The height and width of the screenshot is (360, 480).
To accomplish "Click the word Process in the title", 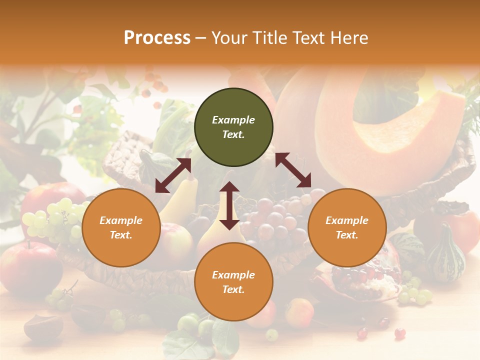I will click(157, 38).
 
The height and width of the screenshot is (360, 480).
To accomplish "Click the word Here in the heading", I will click(349, 38).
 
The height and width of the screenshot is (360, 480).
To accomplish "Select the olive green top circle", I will click(233, 127).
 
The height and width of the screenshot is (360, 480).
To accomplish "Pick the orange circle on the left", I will click(121, 227).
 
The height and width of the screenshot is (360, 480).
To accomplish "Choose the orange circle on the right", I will click(347, 227).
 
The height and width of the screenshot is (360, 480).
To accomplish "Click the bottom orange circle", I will click(233, 282).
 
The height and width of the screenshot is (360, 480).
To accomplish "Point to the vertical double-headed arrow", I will click(229, 205).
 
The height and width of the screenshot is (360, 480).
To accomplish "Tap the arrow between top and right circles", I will click(293, 170).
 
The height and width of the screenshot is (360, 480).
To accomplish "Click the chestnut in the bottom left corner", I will click(42, 327).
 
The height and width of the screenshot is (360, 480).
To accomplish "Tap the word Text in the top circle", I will click(233, 134).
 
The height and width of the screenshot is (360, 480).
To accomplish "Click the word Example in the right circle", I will click(347, 220).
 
